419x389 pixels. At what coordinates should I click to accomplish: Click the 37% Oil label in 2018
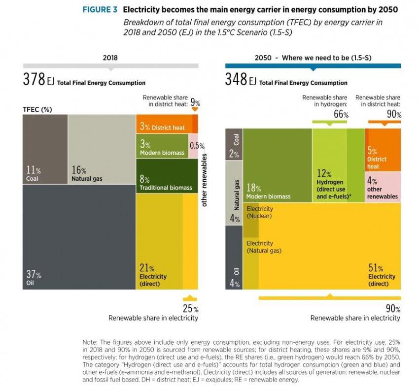34,278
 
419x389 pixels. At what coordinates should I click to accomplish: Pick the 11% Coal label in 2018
33,173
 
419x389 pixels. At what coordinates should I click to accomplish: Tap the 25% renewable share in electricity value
190,309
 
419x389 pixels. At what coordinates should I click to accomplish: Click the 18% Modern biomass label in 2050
268,192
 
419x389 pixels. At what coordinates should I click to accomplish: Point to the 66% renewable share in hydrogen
341,115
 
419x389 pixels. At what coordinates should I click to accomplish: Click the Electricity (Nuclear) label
260,212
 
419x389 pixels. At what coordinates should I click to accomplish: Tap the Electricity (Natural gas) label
264,247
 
